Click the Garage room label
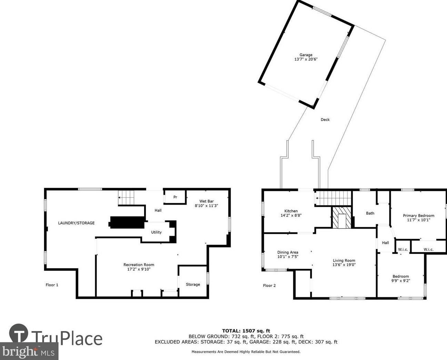[x=306, y=55]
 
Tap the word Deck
[x=325, y=120]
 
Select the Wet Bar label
[x=206, y=201]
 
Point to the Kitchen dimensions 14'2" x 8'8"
[x=291, y=215]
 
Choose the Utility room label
[x=156, y=232]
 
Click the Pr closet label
[x=175, y=197]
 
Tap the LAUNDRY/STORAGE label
[x=76, y=223]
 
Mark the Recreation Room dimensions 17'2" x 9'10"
[x=139, y=269]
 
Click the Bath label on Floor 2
[x=370, y=213]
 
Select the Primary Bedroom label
[x=418, y=216]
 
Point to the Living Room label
[x=344, y=260]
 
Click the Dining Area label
[x=288, y=252]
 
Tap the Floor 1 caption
[x=52, y=285]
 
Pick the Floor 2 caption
[x=269, y=286]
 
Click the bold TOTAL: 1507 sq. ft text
[x=246, y=331]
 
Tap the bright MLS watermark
[x=29, y=352]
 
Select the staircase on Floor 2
[x=333, y=198]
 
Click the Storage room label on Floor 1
[x=193, y=285]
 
